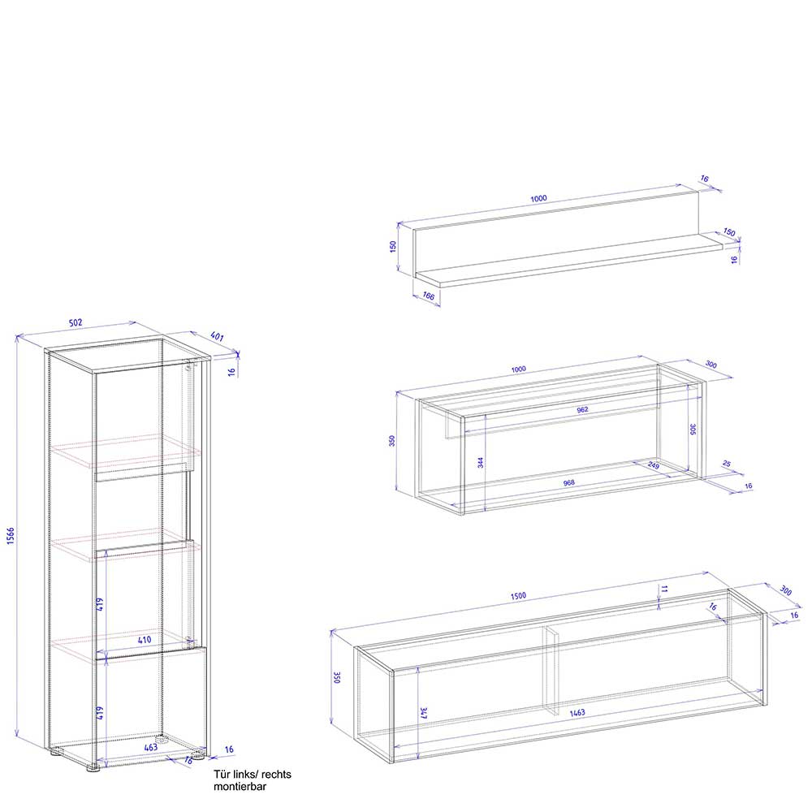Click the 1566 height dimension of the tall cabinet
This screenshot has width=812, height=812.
pyautogui.click(x=11, y=536)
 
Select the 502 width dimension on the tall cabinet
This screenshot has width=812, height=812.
pyautogui.click(x=76, y=322)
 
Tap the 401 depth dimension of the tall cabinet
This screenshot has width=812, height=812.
pyautogui.click(x=217, y=337)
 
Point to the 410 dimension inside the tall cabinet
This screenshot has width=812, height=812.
pyautogui.click(x=145, y=640)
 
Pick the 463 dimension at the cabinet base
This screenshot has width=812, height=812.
pyautogui.click(x=151, y=747)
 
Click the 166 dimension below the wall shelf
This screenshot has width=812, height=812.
pyautogui.click(x=428, y=296)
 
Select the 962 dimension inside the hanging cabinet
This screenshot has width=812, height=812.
pyautogui.click(x=582, y=409)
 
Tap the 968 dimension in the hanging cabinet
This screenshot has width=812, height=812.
pyautogui.click(x=568, y=482)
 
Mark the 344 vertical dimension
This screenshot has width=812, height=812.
pyautogui.click(x=481, y=463)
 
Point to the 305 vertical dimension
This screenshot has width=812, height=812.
pyautogui.click(x=693, y=429)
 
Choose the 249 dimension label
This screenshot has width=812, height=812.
pyautogui.click(x=654, y=465)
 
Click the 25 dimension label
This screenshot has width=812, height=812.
pyautogui.click(x=727, y=464)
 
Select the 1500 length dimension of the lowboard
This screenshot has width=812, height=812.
pyautogui.click(x=518, y=596)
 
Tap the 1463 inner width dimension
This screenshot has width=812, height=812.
pyautogui.click(x=577, y=713)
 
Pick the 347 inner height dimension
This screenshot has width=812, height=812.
pyautogui.click(x=424, y=713)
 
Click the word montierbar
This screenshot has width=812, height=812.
pyautogui.click(x=240, y=787)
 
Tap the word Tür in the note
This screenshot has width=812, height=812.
pyautogui.click(x=222, y=774)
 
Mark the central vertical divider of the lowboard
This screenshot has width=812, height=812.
pyautogui.click(x=551, y=672)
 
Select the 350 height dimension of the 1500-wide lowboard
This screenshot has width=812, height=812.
pyautogui.click(x=338, y=677)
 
